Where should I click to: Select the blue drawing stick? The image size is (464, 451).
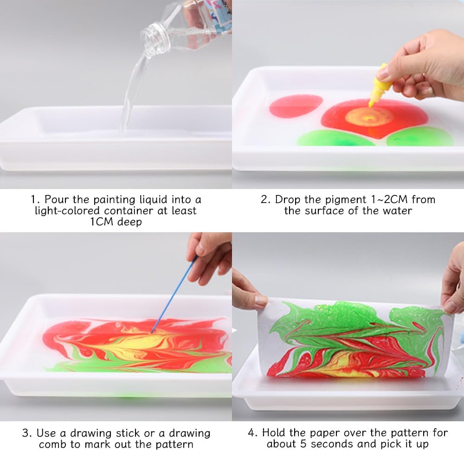click(x=174, y=294)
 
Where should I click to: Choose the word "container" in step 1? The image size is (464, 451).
click(x=128, y=210)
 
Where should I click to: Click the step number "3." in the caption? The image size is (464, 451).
click(x=26, y=433)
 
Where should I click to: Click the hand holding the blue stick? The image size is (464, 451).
click(x=209, y=258)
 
